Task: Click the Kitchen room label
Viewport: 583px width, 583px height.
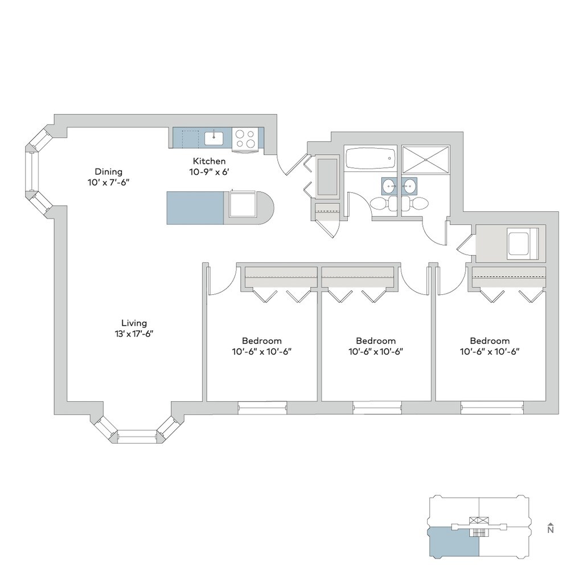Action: tap(209, 161)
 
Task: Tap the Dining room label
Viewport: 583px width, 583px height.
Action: tap(109, 171)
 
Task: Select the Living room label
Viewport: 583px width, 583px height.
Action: tap(134, 323)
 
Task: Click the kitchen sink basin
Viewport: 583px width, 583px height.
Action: tap(214, 138)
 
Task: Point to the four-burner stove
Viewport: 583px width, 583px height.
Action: tap(245, 138)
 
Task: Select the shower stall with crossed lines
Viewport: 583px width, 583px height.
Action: tap(426, 159)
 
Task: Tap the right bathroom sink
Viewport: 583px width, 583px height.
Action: tap(410, 185)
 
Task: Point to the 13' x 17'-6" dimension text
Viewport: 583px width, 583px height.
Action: tap(134, 334)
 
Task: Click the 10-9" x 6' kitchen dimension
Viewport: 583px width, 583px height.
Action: tap(209, 172)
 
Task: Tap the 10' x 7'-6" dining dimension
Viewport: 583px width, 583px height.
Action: tap(109, 182)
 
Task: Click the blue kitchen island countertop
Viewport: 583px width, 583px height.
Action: tap(195, 208)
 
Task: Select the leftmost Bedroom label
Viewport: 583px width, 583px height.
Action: tap(262, 340)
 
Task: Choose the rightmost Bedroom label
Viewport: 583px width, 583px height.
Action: tap(490, 340)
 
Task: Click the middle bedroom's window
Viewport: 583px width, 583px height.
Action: tap(377, 408)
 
